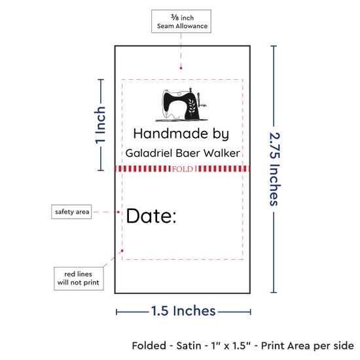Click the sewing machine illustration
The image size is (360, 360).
coord(181,104)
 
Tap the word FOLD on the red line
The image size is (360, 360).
coord(183,170)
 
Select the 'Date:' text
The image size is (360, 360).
coord(151,216)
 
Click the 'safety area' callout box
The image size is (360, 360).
coord(71,211)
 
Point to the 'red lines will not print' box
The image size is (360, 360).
coord(79,278)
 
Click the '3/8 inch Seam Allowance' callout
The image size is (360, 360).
coord(181,22)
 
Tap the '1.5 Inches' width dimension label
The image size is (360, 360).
coord(183,311)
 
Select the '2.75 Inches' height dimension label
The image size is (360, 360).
coord(274,169)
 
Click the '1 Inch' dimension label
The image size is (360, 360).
coord(100,126)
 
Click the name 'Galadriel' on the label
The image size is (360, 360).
coord(149,153)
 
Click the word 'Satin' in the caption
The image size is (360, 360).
coord(189,346)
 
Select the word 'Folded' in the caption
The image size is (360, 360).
coord(149,346)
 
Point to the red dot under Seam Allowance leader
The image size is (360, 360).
coord(181,68)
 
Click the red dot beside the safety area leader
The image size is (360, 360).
coord(118,212)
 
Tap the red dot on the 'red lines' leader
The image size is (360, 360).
coord(122,251)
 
